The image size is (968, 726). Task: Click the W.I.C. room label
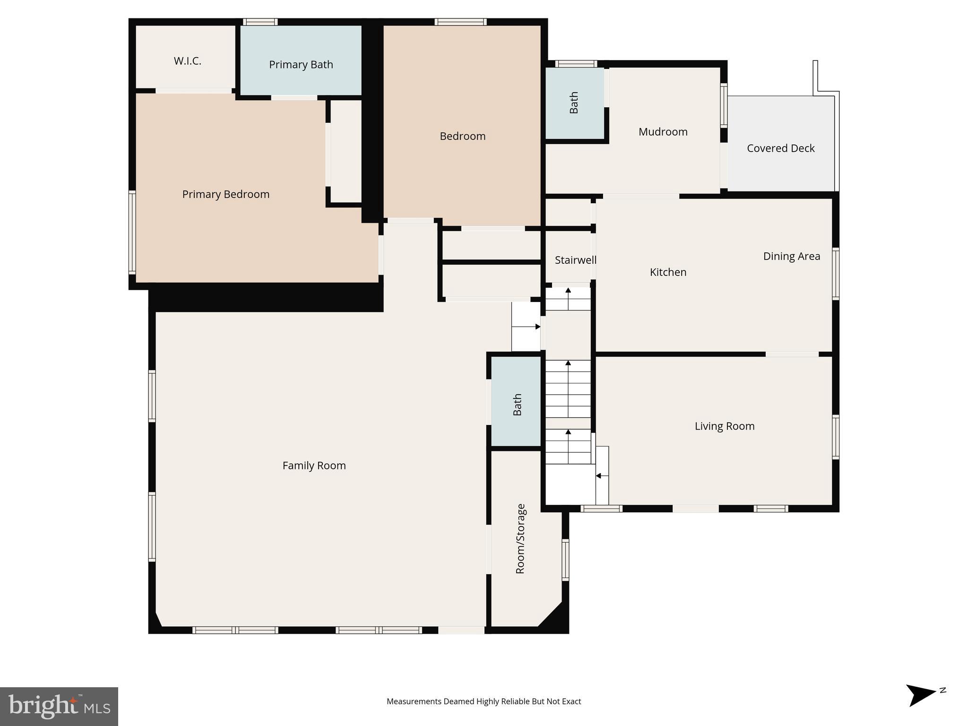tap(188, 61)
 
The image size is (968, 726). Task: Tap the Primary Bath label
tap(301, 65)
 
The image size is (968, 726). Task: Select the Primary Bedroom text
tap(226, 194)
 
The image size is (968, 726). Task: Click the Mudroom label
tap(663, 132)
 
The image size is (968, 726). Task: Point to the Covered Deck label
tap(780, 148)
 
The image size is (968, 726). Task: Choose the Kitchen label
tap(668, 272)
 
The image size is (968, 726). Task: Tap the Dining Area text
tap(791, 256)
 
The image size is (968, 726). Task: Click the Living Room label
tap(724, 426)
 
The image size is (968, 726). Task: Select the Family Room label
tap(314, 466)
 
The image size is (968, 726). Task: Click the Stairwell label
tap(575, 260)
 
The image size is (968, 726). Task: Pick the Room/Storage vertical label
tap(520, 539)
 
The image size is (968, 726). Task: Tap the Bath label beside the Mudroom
tap(574, 103)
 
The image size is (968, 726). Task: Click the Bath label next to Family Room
tap(518, 405)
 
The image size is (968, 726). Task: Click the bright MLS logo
tap(59, 706)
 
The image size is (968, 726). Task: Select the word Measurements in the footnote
tap(414, 701)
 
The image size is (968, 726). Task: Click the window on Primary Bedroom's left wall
tap(132, 232)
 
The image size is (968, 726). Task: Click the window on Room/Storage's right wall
tap(565, 560)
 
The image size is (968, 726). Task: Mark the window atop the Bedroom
tap(460, 22)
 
